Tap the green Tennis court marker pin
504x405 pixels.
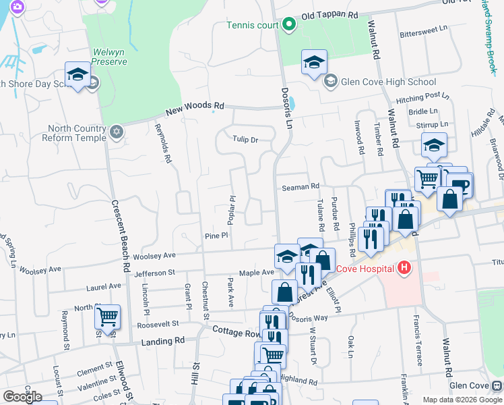pos(289,26)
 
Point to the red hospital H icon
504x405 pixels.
pos(404,268)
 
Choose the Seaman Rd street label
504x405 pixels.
pos(300,187)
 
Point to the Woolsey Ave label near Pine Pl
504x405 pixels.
pos(154,256)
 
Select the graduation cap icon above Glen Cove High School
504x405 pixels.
pos(313,63)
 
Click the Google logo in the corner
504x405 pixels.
pos(22,397)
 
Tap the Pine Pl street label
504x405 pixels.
pos(217,236)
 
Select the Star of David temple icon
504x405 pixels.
pos(116,131)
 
